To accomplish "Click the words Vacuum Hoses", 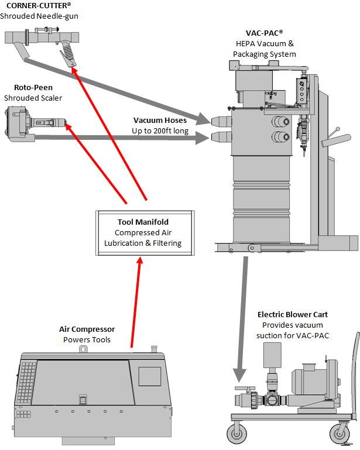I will pyautogui.click(x=160, y=121).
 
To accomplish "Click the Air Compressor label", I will pyautogui.click(x=87, y=329).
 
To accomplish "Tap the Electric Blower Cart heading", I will pyautogui.click(x=292, y=315).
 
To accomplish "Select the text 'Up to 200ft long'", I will pyautogui.click(x=160, y=131).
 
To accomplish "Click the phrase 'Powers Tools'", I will pyautogui.click(x=87, y=339).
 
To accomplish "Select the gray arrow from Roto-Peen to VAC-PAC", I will pyautogui.click(x=135, y=138).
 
